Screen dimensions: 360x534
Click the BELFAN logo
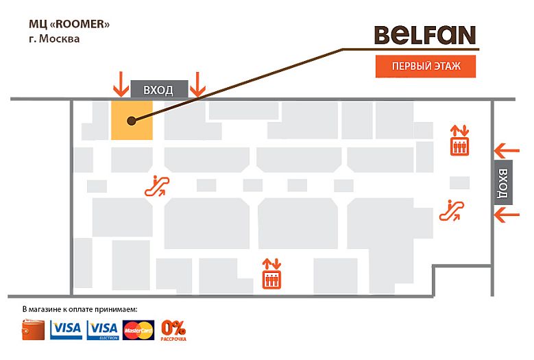click(425, 36)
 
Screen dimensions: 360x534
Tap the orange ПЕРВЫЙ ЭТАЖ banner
click(425, 67)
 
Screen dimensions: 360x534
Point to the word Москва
click(59, 39)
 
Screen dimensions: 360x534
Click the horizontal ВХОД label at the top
click(158, 90)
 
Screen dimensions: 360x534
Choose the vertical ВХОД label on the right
click(504, 182)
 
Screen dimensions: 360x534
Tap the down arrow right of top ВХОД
click(197, 84)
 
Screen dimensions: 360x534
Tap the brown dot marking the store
click(130, 121)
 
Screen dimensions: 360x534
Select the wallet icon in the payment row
click(34, 330)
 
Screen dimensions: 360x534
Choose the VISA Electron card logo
click(104, 330)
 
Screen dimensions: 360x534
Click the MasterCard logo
click(139, 331)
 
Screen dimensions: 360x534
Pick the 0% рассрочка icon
click(173, 330)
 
